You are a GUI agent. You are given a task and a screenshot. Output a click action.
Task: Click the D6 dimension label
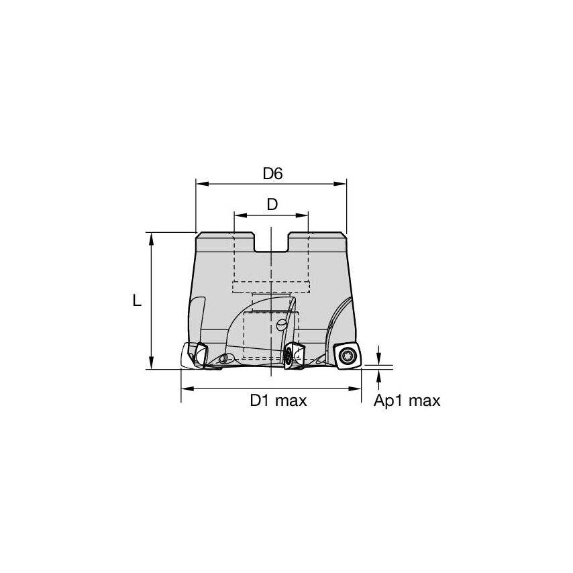(272, 173)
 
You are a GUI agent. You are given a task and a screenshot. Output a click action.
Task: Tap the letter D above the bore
(272, 205)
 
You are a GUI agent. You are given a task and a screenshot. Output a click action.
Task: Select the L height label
(137, 301)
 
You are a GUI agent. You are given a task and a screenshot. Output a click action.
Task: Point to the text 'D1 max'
(278, 401)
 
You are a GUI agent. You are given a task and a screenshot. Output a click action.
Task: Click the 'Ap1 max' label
(407, 401)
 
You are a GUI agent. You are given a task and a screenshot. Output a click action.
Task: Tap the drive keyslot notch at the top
(272, 242)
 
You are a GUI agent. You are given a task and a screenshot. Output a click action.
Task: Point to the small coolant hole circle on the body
(281, 325)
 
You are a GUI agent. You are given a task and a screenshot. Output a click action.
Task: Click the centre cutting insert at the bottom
(293, 354)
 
